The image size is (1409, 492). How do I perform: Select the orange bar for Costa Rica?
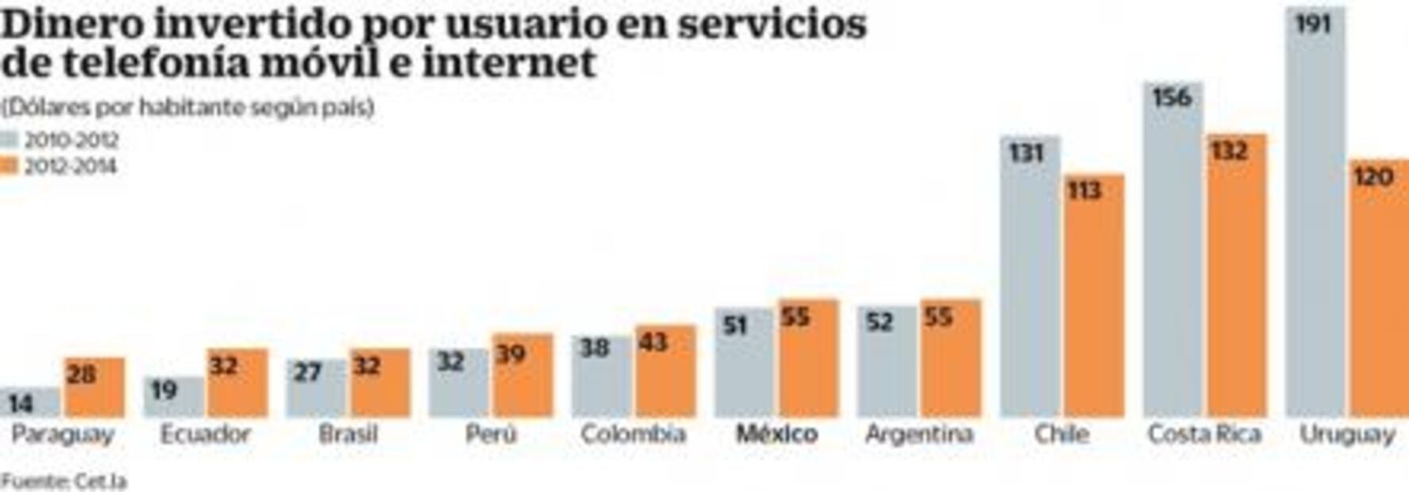[1237, 278]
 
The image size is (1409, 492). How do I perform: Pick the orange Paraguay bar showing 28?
[94, 389]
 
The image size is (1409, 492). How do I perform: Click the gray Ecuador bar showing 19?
[174, 397]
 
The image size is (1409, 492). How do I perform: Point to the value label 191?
[1313, 24]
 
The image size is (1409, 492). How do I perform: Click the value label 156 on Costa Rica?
[1172, 98]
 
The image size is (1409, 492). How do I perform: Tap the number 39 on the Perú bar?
[510, 354]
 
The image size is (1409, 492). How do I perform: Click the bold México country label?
[776, 434]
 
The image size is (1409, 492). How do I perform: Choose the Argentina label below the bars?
[919, 434]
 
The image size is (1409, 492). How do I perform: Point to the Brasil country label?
[348, 434]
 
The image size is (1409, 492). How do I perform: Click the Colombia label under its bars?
[633, 434]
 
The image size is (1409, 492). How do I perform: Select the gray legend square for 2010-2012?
[9, 140]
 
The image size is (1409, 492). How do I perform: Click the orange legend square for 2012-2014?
[9, 166]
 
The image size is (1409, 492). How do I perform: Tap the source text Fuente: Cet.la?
[64, 481]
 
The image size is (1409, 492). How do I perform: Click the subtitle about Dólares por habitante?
[187, 107]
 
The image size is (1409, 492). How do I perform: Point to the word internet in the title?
[508, 63]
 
